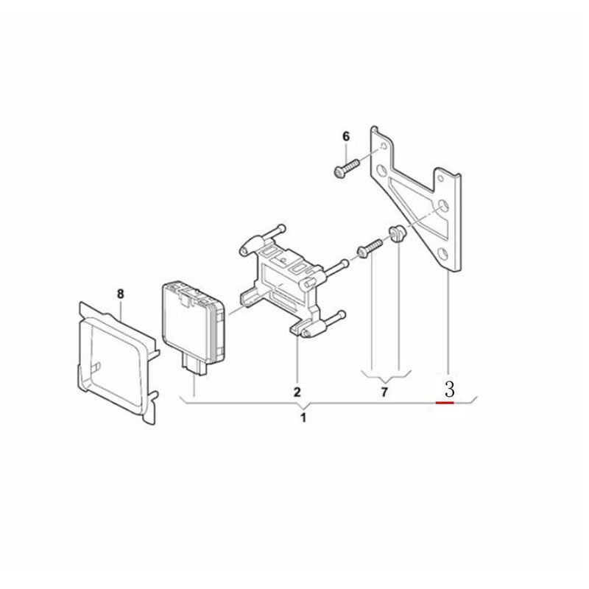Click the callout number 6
[x=346, y=136]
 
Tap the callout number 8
[x=120, y=294]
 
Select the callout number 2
[x=297, y=392]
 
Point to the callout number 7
[x=384, y=392]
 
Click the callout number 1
[x=303, y=417]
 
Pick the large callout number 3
[x=449, y=389]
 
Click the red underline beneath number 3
[x=445, y=403]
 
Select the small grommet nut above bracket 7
[x=396, y=233]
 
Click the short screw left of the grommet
[x=370, y=249]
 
